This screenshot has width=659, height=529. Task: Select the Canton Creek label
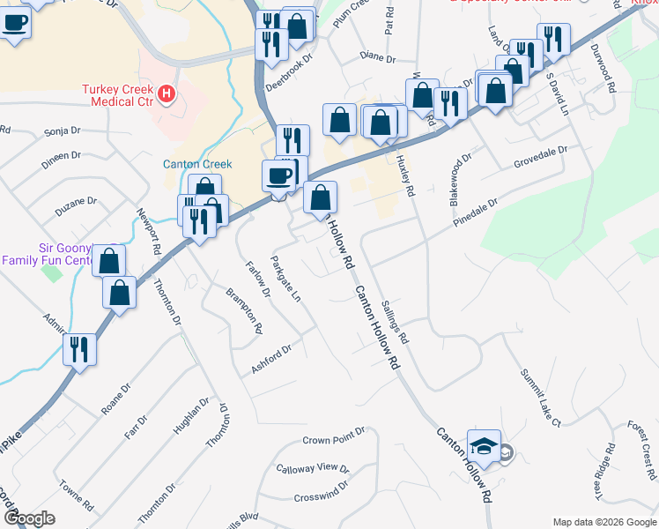point(197,164)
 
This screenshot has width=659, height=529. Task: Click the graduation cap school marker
point(484,446)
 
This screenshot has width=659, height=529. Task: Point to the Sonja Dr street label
point(61,133)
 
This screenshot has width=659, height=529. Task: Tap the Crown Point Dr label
point(334,439)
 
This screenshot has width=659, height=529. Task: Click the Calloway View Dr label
point(313,468)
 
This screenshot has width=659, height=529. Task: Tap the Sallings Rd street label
point(396,322)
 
